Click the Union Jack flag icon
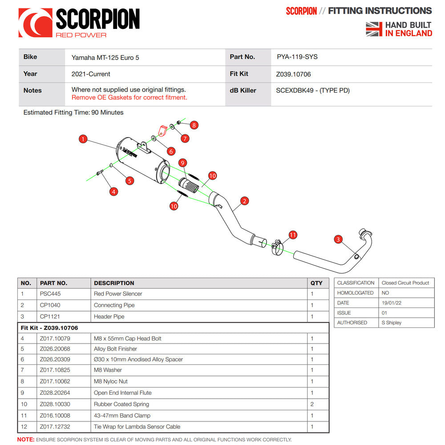374,29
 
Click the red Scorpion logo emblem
35,23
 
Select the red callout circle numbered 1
83,139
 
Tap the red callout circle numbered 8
194,125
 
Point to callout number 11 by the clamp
292,235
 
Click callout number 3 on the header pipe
338,239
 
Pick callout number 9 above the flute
182,163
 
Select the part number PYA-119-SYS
297,57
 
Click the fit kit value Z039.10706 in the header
293,74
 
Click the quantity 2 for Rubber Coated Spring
312,404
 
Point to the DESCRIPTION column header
114,283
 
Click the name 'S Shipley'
391,323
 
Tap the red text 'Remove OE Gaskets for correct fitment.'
129,97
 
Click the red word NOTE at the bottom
25,440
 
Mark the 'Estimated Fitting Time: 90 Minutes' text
73,113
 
